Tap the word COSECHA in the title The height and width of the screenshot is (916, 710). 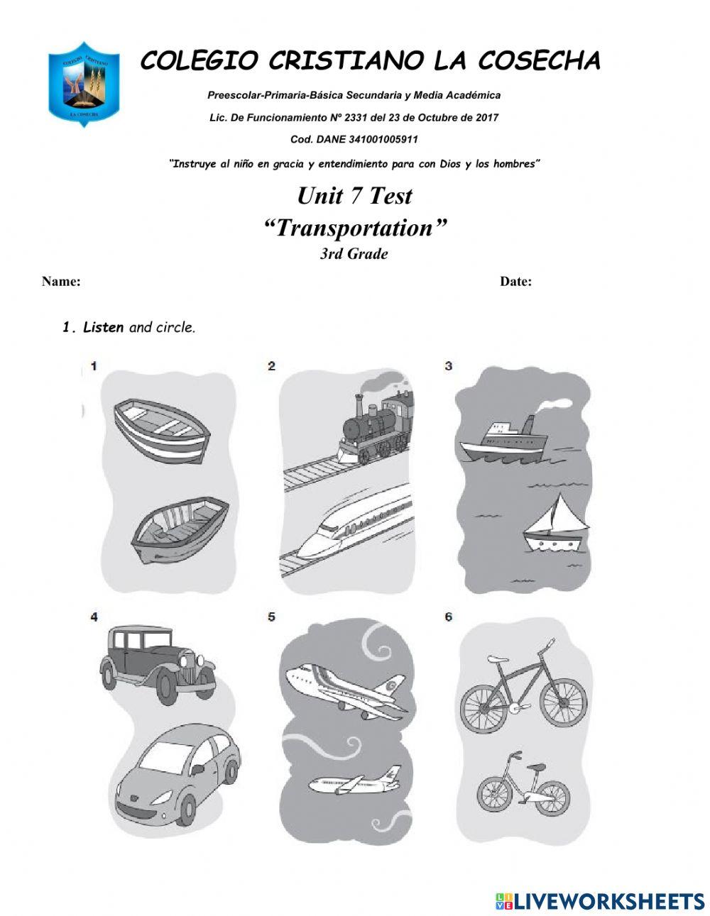click(x=539, y=61)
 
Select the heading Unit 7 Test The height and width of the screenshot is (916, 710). click(x=354, y=196)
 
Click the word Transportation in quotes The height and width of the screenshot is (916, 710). click(x=355, y=228)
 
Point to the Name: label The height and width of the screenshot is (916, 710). click(x=61, y=282)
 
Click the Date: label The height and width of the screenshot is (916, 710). click(x=515, y=282)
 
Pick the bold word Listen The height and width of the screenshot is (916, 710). click(x=103, y=327)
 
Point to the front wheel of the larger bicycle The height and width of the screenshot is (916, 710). click(x=562, y=699)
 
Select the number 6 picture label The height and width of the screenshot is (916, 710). click(x=449, y=617)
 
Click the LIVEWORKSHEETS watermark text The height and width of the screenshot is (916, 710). click(x=608, y=901)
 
